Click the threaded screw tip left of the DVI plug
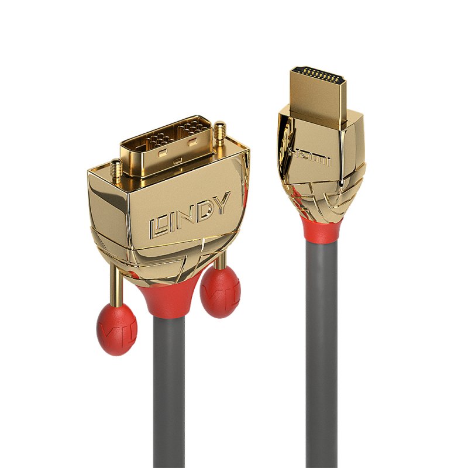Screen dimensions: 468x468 click(115, 170)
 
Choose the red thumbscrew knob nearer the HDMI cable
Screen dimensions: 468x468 click(220, 291)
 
